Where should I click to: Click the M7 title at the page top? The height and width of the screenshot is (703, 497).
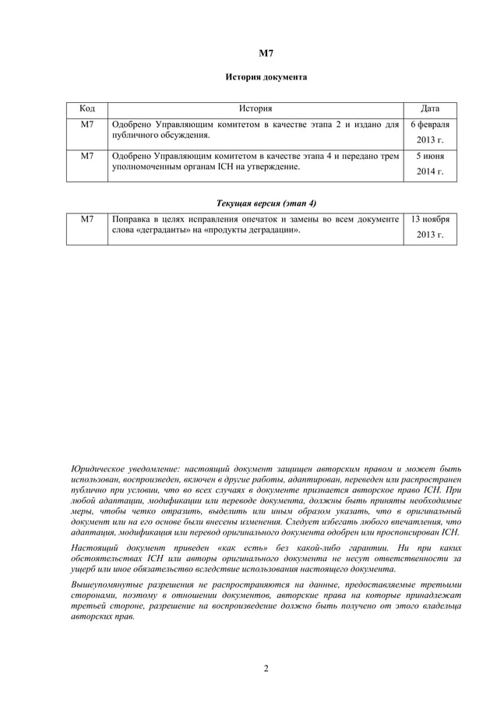point(266,54)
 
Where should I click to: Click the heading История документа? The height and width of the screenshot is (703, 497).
point(266,78)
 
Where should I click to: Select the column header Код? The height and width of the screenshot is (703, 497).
point(87,109)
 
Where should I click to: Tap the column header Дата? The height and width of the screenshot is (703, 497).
point(429,109)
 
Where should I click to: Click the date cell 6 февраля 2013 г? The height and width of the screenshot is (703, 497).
point(429,132)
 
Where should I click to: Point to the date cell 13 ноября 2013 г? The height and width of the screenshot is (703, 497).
point(429,227)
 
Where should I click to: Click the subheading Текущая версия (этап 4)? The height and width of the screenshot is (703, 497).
point(266,203)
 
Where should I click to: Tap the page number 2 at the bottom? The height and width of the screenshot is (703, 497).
point(266,668)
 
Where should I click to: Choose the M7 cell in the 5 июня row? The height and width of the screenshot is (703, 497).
point(87,156)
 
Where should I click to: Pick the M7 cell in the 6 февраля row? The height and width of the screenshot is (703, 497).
point(87,125)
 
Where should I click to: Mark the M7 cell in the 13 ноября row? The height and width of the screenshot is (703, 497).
point(87,220)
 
